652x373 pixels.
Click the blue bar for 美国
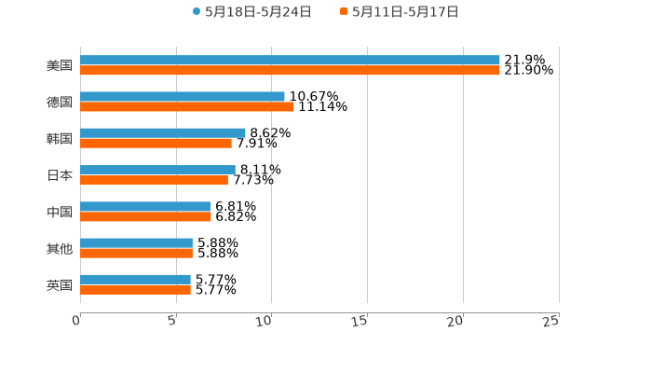290,61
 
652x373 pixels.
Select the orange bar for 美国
290,71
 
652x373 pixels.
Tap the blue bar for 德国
183,97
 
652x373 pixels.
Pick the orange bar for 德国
187,107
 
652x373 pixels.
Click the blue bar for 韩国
163,133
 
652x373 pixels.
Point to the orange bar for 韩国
156,144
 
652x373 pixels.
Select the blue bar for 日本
157,170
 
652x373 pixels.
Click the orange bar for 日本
154,180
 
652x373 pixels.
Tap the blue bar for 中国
145,206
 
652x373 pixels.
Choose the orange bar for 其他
136,253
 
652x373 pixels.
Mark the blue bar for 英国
135,279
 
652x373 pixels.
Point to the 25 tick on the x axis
551,320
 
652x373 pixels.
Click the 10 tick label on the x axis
265,320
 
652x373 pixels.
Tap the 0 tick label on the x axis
76,320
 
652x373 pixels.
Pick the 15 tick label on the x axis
360,320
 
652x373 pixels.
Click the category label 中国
60,212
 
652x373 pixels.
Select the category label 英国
60,284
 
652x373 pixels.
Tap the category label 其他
60,248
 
